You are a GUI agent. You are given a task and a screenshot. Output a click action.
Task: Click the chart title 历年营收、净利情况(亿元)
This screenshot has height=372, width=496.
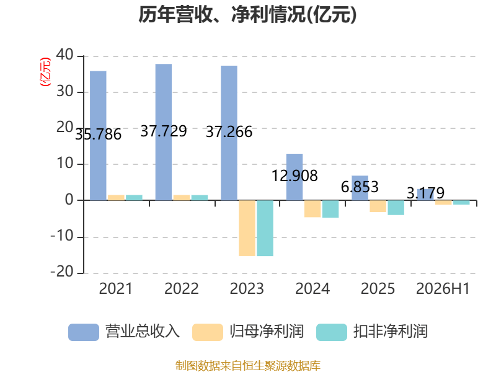(x=247, y=15)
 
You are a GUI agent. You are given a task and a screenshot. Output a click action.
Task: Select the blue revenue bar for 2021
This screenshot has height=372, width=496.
(x=98, y=136)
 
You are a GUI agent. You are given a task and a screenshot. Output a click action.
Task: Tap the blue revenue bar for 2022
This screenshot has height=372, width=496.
(x=164, y=132)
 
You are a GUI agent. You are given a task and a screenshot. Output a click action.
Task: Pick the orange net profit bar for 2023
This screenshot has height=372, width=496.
(x=247, y=228)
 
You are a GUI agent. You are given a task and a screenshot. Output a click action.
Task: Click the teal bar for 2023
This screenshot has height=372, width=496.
(x=265, y=228)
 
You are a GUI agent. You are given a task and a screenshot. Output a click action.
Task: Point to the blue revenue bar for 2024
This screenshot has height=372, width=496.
(x=294, y=177)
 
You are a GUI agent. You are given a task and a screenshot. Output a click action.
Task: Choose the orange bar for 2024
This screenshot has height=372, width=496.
(x=312, y=209)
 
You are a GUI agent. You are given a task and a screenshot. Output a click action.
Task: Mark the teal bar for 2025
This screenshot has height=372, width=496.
(x=396, y=208)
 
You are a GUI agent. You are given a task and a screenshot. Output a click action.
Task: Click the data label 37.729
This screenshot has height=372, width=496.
(x=164, y=131)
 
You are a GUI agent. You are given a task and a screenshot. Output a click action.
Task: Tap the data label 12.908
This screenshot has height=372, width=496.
(x=294, y=175)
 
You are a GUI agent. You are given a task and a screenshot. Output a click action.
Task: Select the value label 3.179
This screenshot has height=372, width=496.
(x=425, y=193)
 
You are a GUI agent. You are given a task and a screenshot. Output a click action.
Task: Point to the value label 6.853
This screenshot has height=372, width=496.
(x=360, y=187)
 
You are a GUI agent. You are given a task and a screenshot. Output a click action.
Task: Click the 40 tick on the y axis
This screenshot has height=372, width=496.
(x=65, y=55)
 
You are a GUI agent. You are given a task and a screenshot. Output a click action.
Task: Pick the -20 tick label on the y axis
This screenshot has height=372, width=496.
(x=62, y=272)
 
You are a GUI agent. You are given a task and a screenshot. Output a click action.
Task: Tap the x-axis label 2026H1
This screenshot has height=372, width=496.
(x=443, y=288)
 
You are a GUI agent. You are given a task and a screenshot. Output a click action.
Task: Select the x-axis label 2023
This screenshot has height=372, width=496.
(x=247, y=288)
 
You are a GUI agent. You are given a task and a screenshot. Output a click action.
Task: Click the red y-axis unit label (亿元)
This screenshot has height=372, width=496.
(x=45, y=72)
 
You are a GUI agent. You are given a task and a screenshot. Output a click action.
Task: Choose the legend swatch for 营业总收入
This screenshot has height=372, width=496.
(x=84, y=332)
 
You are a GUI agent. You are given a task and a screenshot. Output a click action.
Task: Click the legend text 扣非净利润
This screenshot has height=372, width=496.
(x=391, y=332)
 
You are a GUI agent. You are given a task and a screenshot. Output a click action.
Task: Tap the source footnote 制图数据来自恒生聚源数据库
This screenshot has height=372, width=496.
(x=248, y=366)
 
